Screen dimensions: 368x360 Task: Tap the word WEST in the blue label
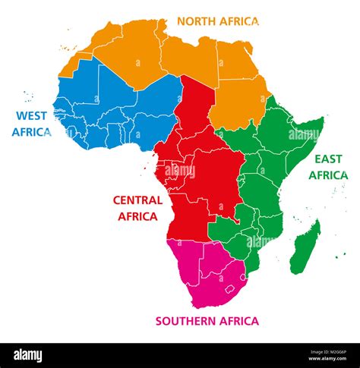coord(29,116)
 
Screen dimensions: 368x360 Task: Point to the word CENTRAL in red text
coord(137,200)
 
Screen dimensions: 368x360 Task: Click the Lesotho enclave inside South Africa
coord(230,288)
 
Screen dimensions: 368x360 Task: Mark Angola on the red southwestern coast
coord(186,216)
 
